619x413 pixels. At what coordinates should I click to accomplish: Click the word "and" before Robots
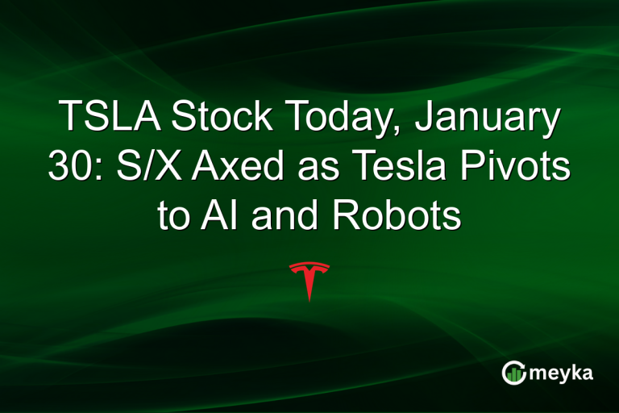(x=278, y=216)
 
